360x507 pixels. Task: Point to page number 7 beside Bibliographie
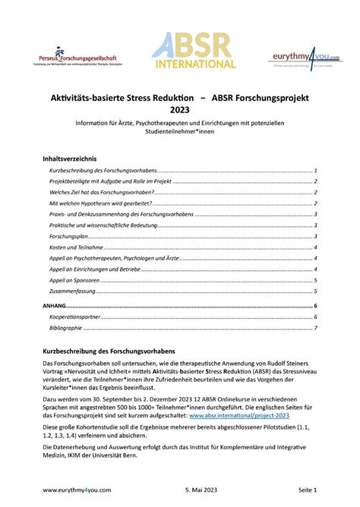(314, 328)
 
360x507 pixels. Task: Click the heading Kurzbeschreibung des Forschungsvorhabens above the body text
(109, 351)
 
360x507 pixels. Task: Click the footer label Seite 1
(304, 491)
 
